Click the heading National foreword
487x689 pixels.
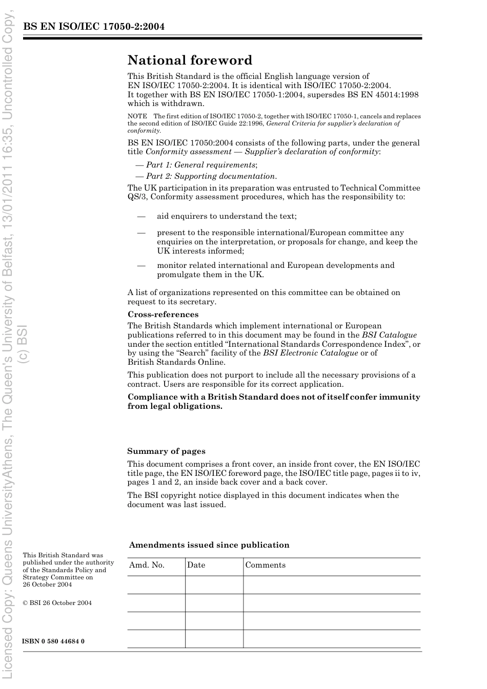[190, 60]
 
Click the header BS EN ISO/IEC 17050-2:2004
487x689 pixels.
[94, 27]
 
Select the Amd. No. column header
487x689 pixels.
[147, 565]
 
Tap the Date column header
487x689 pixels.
[196, 565]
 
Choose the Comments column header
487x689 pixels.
[265, 565]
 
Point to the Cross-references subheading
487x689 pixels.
[163, 315]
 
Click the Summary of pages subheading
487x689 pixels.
[166, 451]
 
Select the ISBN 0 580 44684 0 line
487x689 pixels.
[53, 641]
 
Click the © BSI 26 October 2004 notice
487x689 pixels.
[57, 603]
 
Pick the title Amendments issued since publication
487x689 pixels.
[209, 545]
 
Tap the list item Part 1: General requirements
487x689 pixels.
[200, 165]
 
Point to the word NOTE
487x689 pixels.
[137, 116]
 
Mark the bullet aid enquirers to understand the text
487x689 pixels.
[227, 216]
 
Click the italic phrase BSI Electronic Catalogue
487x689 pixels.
[310, 352]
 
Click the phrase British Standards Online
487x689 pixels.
[176, 362]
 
